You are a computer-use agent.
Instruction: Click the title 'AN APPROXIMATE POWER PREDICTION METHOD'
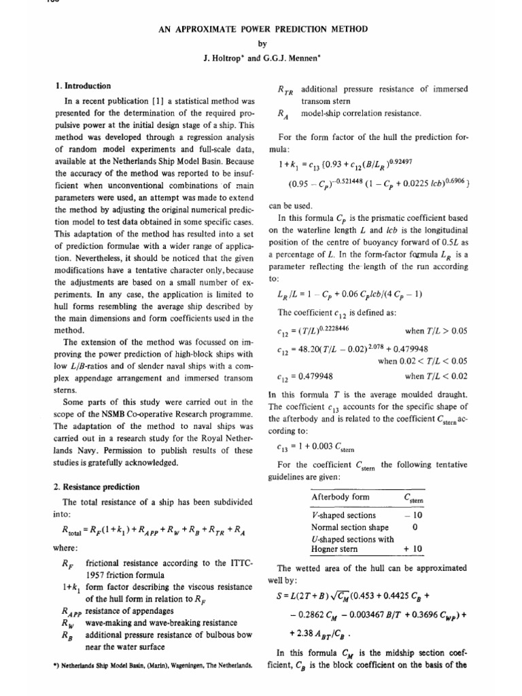click(x=261, y=29)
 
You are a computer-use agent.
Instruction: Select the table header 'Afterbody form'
click(x=340, y=497)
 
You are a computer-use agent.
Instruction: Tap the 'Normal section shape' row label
click(x=349, y=527)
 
